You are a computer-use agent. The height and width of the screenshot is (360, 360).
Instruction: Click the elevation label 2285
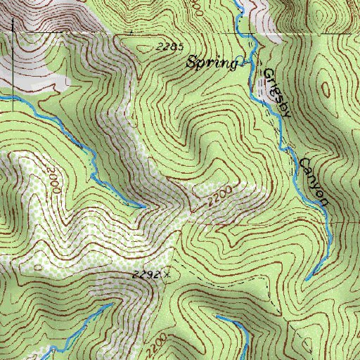pos(170,47)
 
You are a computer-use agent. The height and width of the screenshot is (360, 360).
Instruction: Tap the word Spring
pos(210,63)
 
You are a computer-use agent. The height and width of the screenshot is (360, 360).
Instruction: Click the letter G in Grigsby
pos(267,73)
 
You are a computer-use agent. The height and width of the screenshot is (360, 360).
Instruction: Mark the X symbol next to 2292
pos(167,276)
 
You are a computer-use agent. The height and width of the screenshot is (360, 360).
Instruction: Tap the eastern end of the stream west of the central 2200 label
pos(144,207)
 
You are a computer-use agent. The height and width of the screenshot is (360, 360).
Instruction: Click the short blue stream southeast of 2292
pos(236,327)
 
